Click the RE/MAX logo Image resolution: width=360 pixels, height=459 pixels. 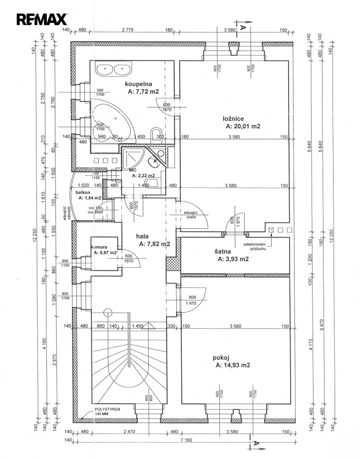pos(42,19)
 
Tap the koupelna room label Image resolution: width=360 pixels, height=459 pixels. pos(138,84)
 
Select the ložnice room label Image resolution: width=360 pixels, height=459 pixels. pos(233,118)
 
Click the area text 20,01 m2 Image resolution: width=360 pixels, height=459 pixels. pos(243,126)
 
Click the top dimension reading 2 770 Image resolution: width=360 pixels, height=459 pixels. pos(127,30)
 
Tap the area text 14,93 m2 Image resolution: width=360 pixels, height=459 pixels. pos(233,366)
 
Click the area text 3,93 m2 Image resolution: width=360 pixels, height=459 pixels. pos(233,259)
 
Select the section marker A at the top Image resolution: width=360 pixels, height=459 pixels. pos(243,28)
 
